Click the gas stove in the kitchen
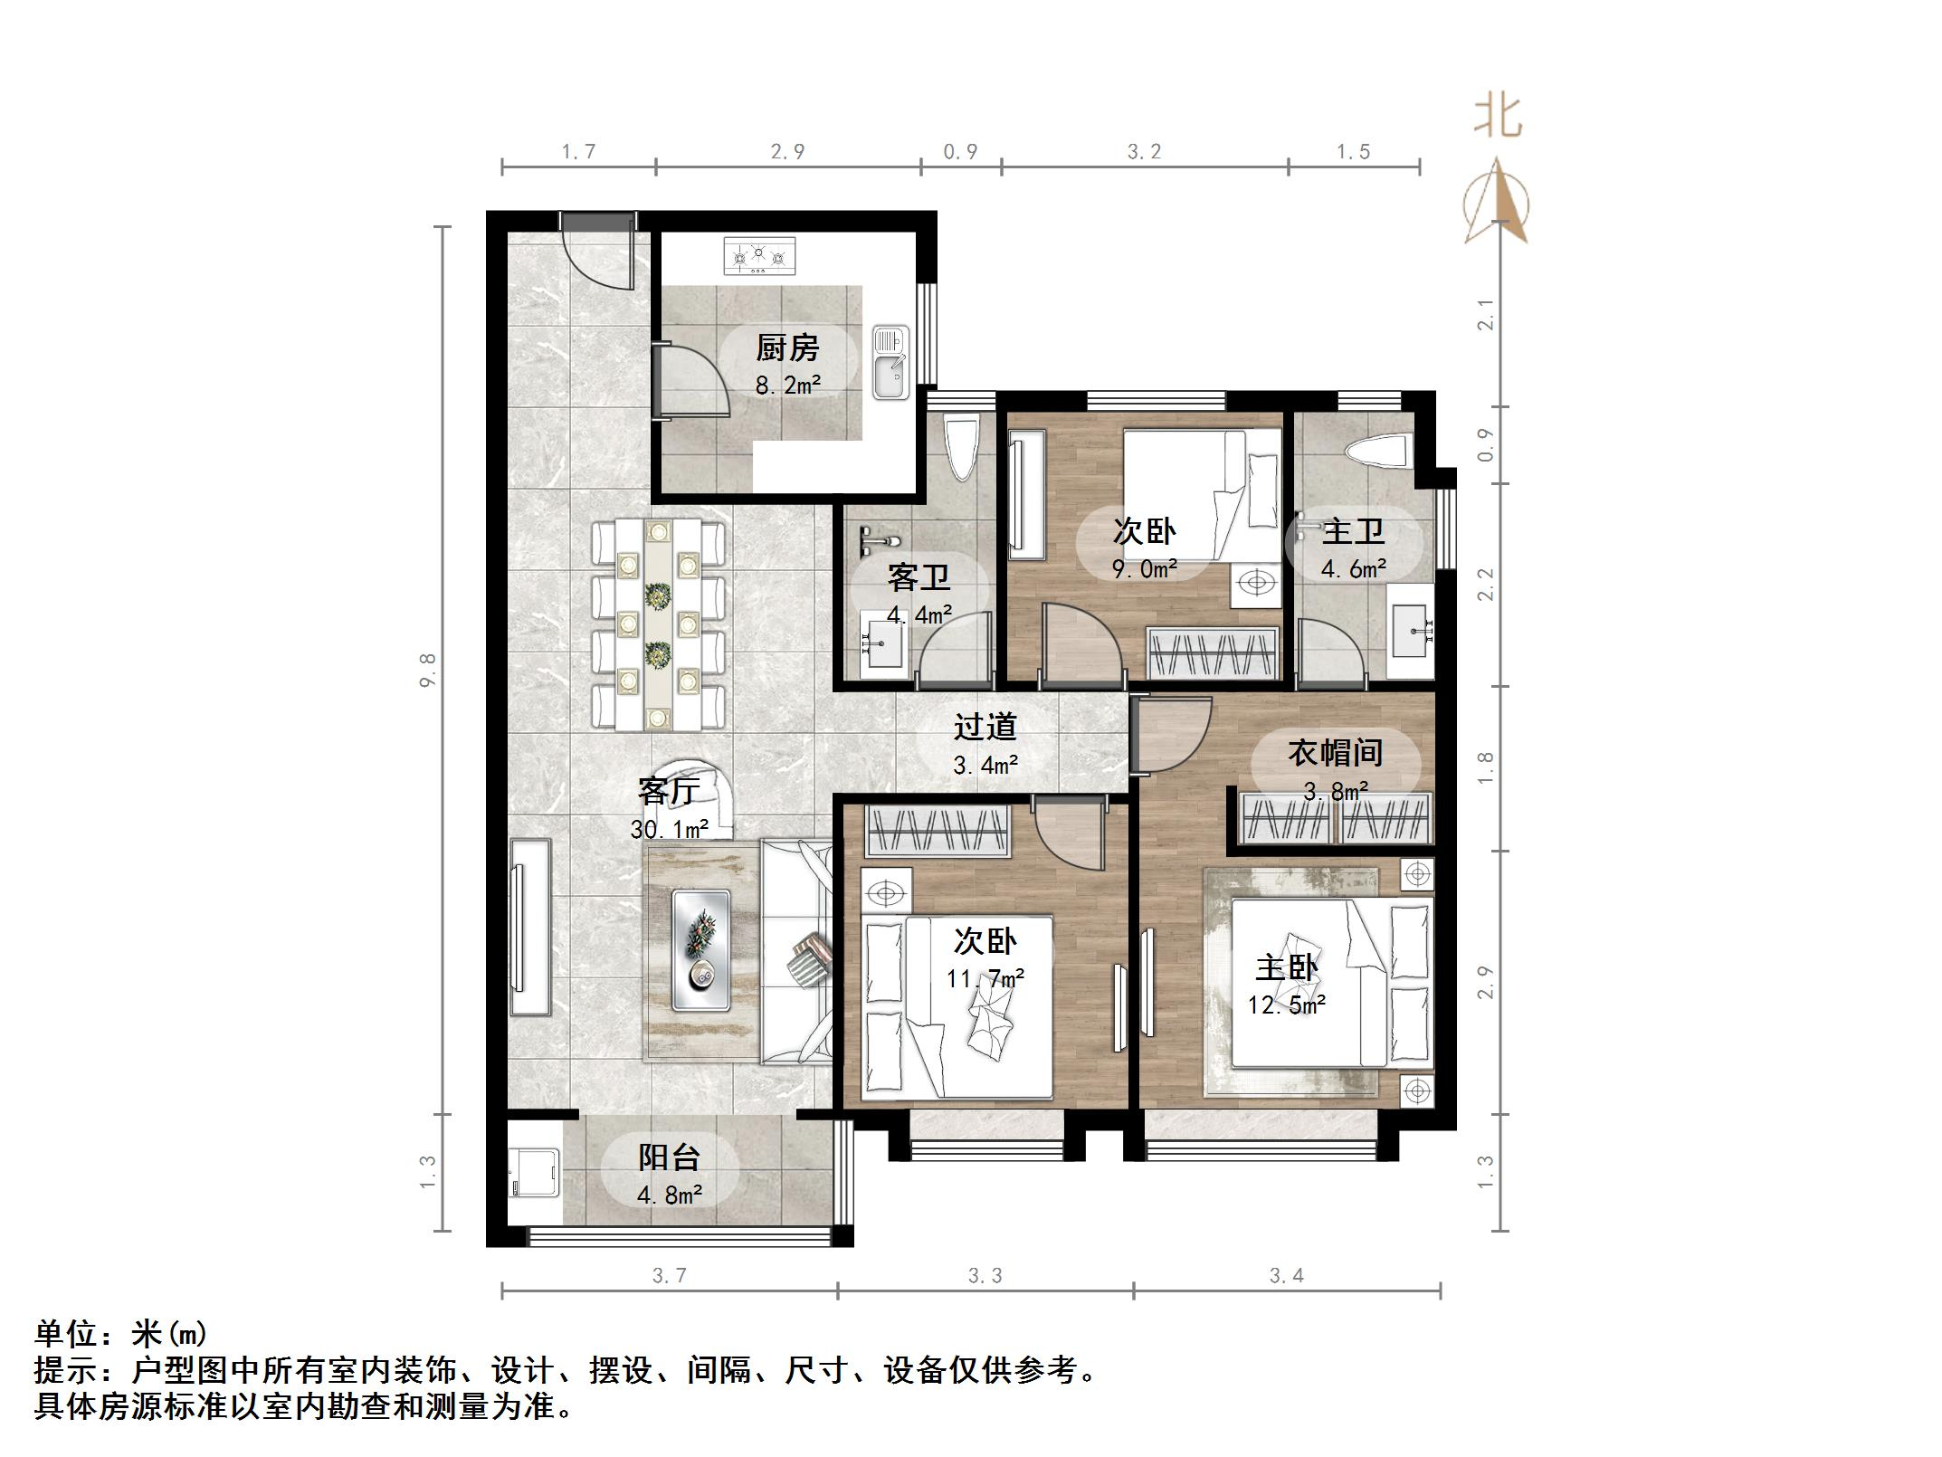click(x=759, y=256)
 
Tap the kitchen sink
click(x=890, y=362)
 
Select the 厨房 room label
click(x=787, y=348)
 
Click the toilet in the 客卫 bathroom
click(x=960, y=447)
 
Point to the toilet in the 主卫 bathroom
click(x=1378, y=452)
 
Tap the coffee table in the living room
click(x=700, y=949)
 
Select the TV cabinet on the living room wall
click(x=530, y=928)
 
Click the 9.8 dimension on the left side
click(x=428, y=670)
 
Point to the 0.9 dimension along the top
click(x=960, y=152)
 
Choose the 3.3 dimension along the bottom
click(x=985, y=1276)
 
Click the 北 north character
click(x=1498, y=118)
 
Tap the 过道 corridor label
click(x=985, y=727)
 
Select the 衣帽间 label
click(x=1335, y=753)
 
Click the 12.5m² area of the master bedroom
click(x=1287, y=1005)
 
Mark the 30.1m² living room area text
click(x=669, y=828)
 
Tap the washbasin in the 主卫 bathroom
click(x=1410, y=631)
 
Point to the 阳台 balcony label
click(x=669, y=1157)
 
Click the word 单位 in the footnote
click(x=65, y=1333)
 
